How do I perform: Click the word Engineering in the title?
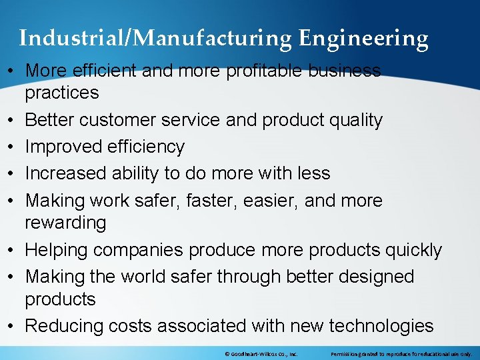click(x=363, y=39)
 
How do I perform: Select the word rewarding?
click(x=65, y=223)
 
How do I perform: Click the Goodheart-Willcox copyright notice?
click(x=262, y=354)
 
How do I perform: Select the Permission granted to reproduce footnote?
click(x=401, y=354)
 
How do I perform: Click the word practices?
click(x=62, y=93)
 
